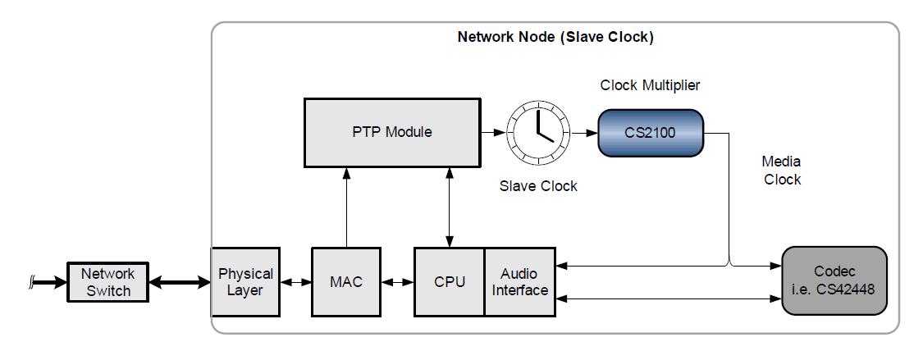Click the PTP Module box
pos(391,131)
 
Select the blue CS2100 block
pos(650,131)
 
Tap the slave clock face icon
pos(538,131)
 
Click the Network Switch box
pos(108,281)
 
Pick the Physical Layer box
pos(245,281)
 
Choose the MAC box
pos(345,281)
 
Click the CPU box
pos(449,281)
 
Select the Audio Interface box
pos(520,281)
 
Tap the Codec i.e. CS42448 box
pos(834,280)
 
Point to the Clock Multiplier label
pos(650,85)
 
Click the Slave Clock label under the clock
pos(538,186)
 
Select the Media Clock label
pos(781,171)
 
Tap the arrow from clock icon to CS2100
pos(584,131)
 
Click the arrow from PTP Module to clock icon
pos(492,131)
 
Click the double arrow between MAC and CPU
pos(396,282)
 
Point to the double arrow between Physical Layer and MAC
pos(295,282)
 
